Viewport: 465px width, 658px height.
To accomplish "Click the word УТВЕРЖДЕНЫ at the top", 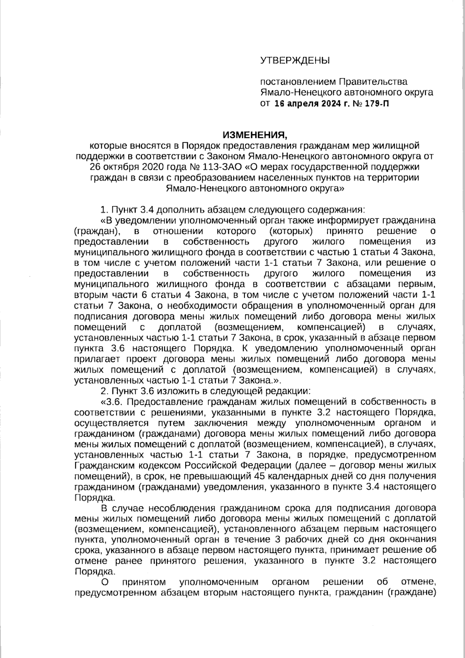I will (x=294, y=60).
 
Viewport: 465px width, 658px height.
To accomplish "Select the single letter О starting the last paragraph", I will (x=105, y=582).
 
